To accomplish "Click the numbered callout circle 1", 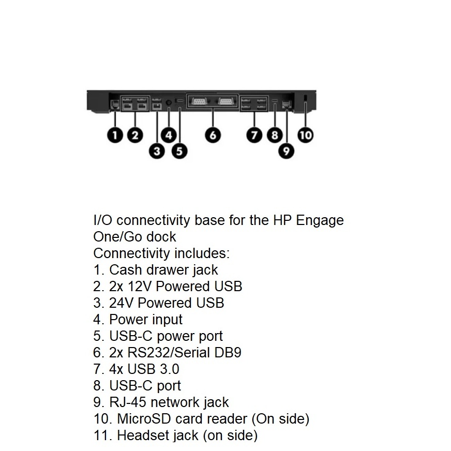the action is pos(115,135).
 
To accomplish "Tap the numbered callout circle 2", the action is pos(135,135).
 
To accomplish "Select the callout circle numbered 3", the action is pos(157,151).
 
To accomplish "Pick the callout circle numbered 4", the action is pos(169,135).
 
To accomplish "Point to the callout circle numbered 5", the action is pos(179,151).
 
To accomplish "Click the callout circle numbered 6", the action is pos(213,135).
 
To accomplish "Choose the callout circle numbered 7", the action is pos(254,135).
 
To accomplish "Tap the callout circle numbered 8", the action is pos(275,135).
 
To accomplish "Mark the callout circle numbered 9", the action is pos(287,151).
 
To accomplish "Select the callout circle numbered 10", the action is pos(306,135).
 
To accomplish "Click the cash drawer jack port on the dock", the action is pos(115,104).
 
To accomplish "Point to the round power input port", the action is pos(169,102).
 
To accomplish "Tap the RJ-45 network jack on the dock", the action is pos(287,104).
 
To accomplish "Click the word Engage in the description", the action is pos(320,220).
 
